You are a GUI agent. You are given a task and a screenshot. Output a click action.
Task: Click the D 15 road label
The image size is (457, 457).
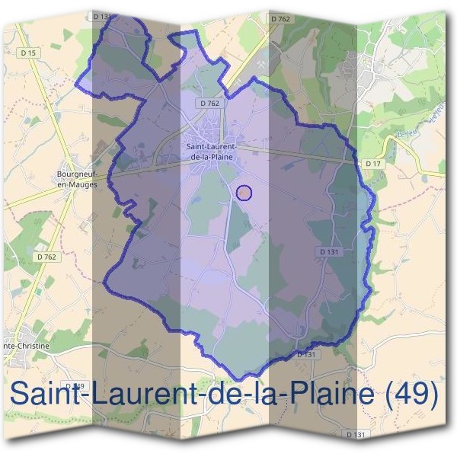29,53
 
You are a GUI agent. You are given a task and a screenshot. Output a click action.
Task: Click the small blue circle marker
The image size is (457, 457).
244,193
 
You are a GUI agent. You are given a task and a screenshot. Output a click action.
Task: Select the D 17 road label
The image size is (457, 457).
372,163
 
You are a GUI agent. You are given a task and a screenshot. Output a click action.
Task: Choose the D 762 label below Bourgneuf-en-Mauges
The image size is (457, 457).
46,257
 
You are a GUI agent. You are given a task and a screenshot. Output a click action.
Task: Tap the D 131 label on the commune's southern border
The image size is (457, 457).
305,354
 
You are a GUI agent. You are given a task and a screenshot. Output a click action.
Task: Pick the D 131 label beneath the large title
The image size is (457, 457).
356,434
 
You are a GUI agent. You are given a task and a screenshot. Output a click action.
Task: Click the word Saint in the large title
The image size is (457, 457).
45,395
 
